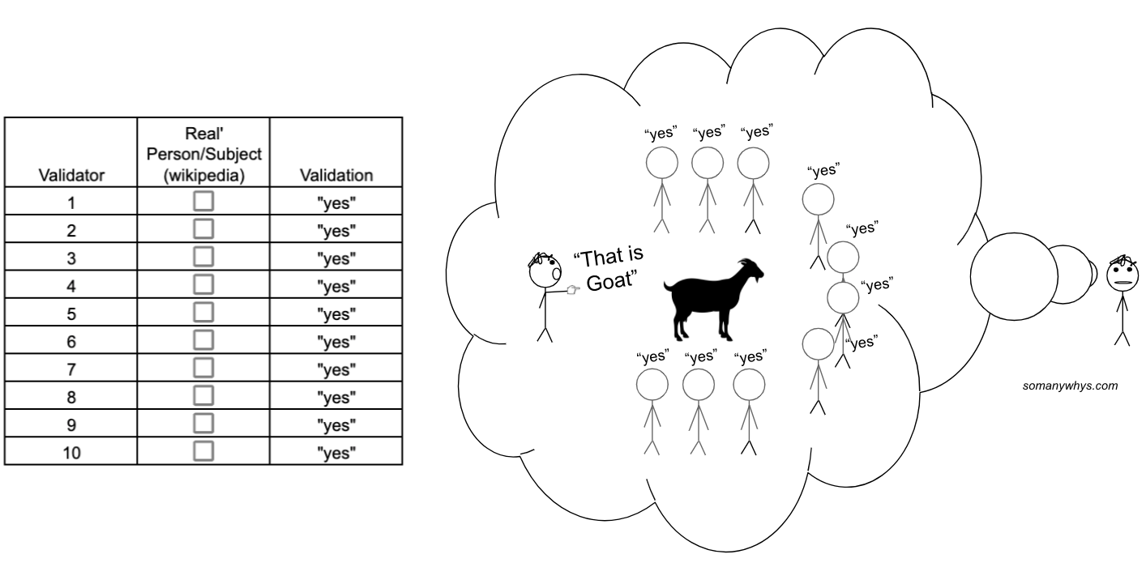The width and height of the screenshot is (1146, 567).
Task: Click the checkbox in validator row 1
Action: point(203,201)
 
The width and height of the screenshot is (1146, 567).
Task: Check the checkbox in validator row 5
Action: point(203,312)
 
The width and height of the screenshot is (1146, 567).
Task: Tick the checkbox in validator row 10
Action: point(203,451)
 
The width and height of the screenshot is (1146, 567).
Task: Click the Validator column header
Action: point(71,176)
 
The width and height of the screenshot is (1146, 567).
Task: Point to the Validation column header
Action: point(336,176)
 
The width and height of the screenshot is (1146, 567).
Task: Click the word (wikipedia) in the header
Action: point(203,176)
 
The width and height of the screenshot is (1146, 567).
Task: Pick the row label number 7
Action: point(71,369)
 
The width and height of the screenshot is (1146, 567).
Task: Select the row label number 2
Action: point(71,231)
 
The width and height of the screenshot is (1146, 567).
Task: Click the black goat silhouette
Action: point(714,300)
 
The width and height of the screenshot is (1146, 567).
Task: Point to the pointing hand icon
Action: point(573,291)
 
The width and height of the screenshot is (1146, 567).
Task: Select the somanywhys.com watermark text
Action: point(1070,386)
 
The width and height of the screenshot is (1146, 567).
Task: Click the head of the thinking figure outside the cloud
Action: point(1122,274)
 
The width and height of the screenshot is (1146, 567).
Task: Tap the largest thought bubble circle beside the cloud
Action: point(1014,276)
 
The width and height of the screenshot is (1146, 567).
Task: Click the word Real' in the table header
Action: point(203,134)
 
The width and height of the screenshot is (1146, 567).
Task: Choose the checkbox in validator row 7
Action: point(203,368)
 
